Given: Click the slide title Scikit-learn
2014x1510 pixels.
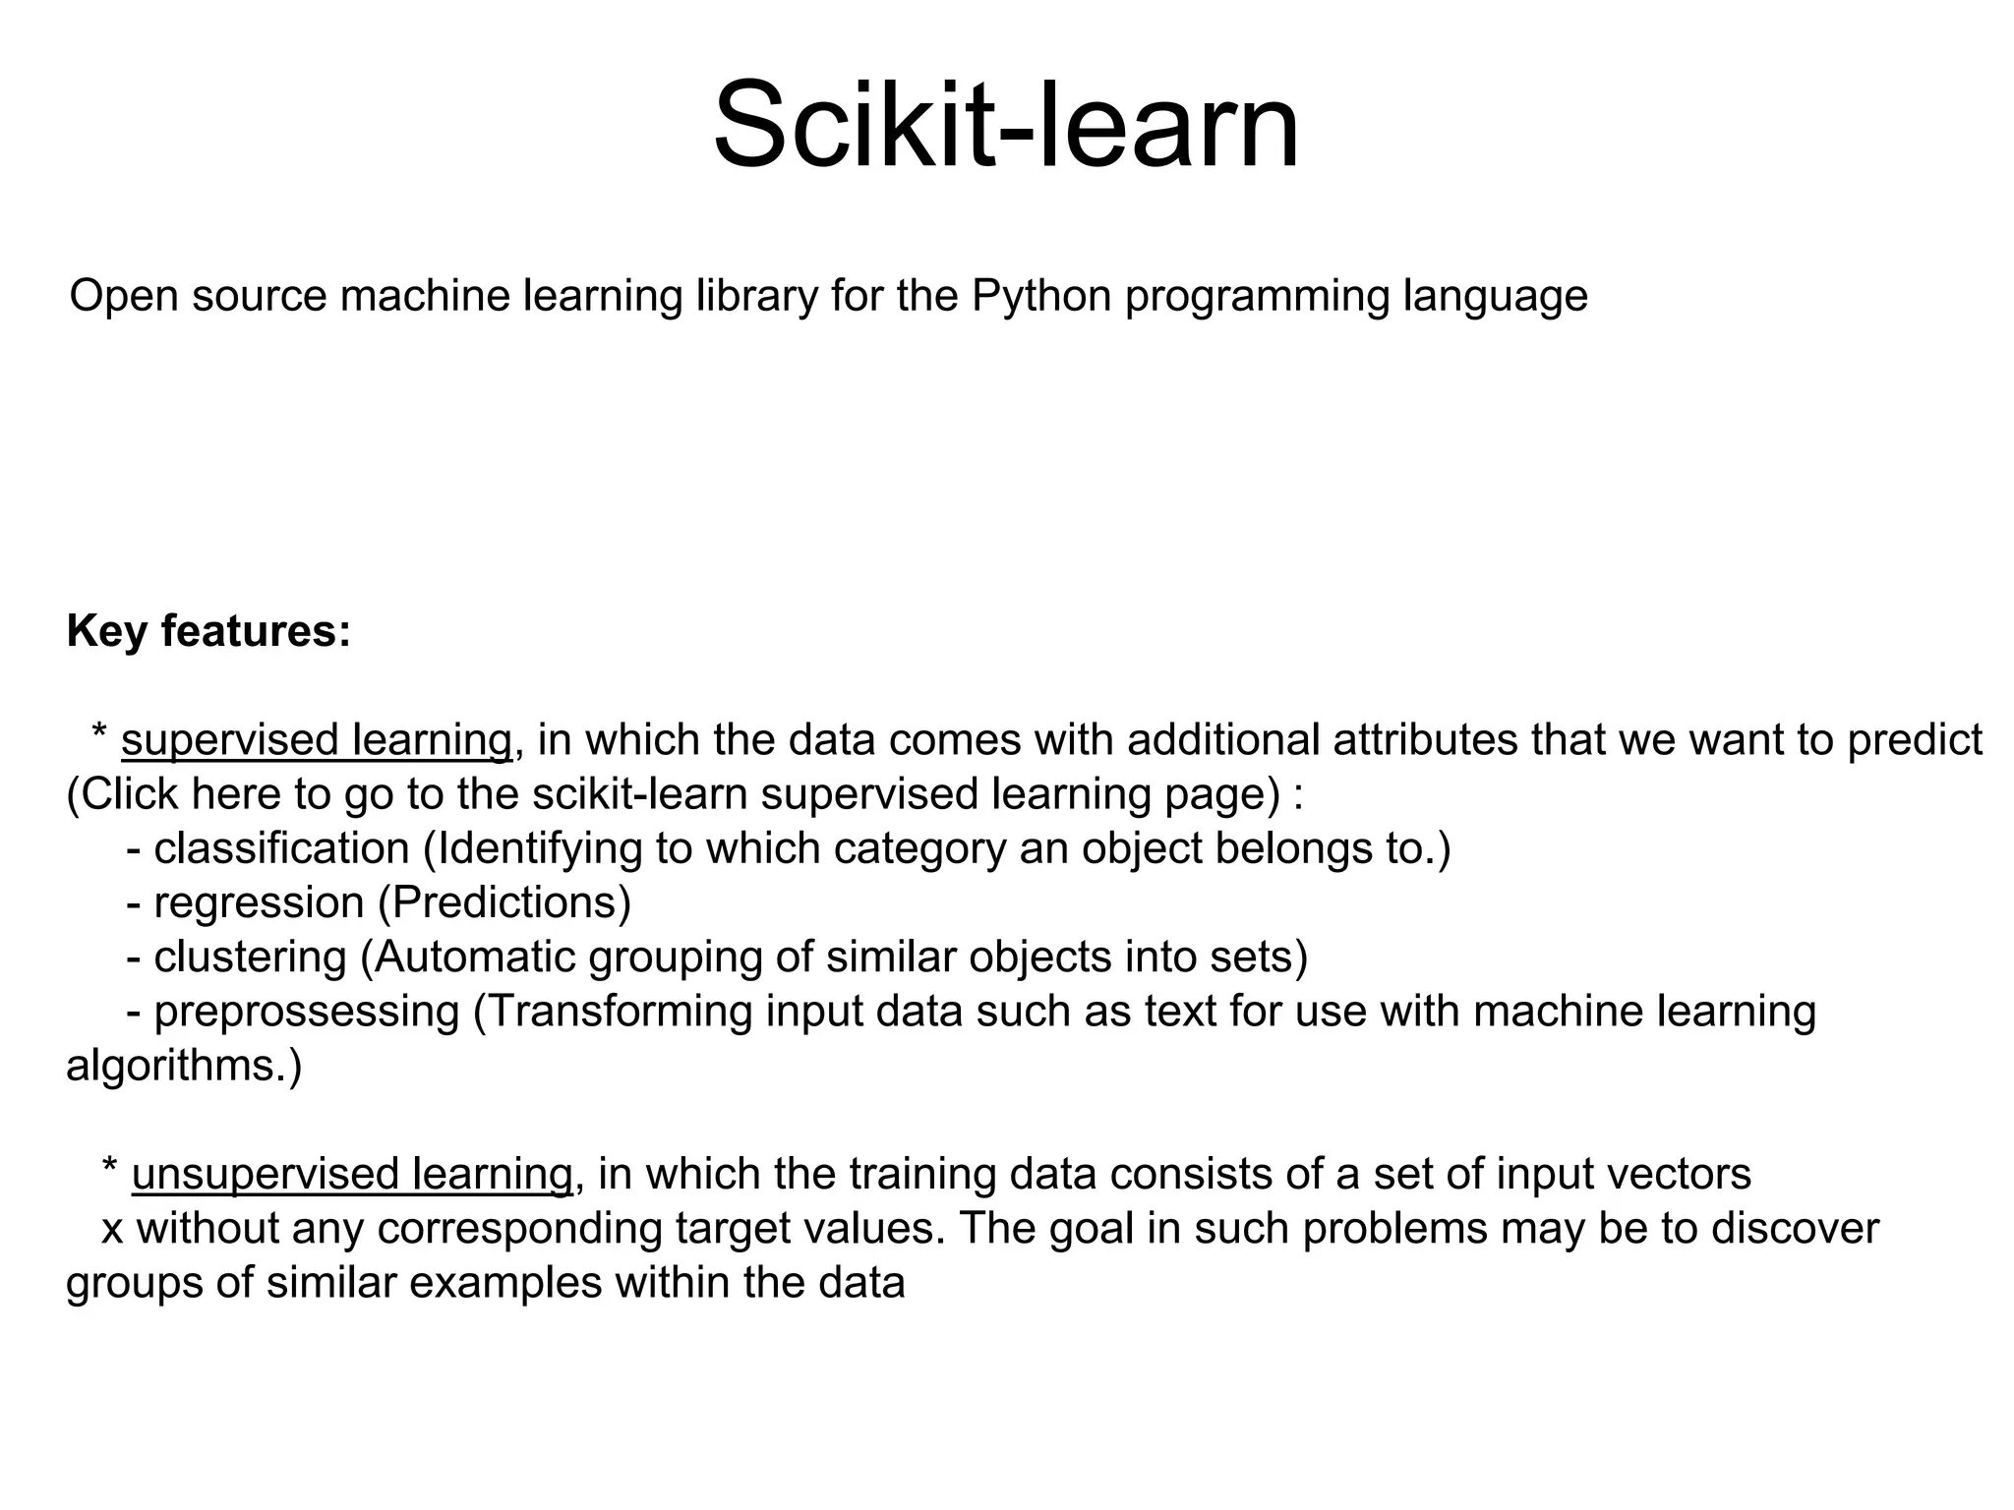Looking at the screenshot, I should click(x=1006, y=126).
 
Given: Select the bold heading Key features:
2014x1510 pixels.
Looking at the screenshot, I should click(x=208, y=630).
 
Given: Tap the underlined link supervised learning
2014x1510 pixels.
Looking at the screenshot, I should click(x=317, y=739).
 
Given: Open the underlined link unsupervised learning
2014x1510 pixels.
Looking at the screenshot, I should click(x=351, y=1174).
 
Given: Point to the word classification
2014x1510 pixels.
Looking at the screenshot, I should click(x=281, y=848).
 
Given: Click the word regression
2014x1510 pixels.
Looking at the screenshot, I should click(x=259, y=902).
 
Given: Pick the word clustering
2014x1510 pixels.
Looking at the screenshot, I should click(x=250, y=957).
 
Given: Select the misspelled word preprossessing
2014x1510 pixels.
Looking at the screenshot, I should click(x=307, y=1012).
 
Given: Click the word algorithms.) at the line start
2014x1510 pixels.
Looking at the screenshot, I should click(x=184, y=1066).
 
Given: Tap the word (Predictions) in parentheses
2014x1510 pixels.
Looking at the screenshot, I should click(x=504, y=902).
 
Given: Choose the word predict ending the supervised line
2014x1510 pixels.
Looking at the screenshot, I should click(x=1915, y=739).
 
